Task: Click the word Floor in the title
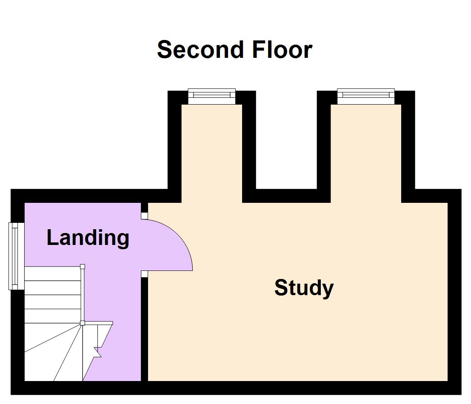tap(282, 50)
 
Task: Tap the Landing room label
tap(88, 237)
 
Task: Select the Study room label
tap(304, 288)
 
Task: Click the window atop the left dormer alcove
tap(211, 97)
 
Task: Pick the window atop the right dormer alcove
tap(365, 97)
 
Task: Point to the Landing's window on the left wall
tap(15, 256)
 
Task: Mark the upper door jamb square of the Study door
tap(144, 216)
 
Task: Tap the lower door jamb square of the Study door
tap(144, 274)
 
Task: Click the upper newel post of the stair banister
tap(83, 267)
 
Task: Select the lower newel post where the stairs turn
tap(83, 323)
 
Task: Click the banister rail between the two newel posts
tap(83, 295)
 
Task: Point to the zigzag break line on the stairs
tap(98, 351)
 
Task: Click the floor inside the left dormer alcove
tap(211, 153)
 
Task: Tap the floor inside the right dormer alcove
tap(365, 153)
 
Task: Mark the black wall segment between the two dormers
tap(286, 196)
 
